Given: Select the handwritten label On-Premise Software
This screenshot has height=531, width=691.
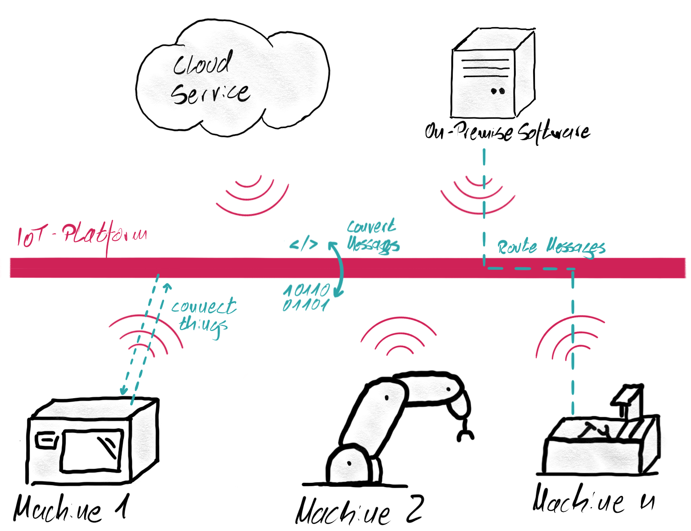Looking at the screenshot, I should click(x=507, y=132).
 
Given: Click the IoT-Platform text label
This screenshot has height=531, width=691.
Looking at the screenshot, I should click(x=82, y=235).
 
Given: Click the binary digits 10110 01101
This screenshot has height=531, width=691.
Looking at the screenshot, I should click(x=306, y=298).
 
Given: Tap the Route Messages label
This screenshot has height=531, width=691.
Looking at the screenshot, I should click(x=551, y=247).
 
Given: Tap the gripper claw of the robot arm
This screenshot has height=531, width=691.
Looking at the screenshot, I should click(x=465, y=432).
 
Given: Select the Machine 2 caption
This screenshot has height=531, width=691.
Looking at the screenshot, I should click(x=360, y=510).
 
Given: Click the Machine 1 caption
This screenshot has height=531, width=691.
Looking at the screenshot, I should click(x=70, y=509).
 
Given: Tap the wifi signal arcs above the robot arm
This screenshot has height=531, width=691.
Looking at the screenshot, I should click(x=399, y=337).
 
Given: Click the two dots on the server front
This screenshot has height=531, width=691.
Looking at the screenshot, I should click(x=498, y=91).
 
